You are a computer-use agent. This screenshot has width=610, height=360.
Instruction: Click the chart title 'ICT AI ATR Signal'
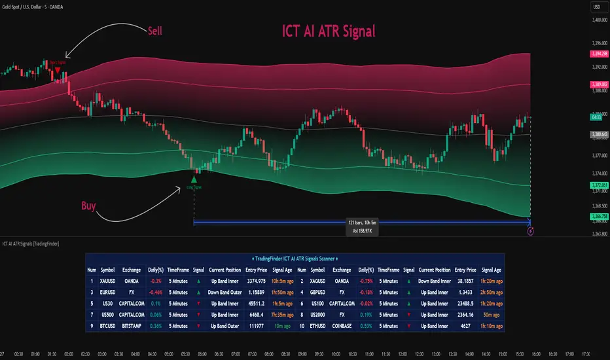pos(329,31)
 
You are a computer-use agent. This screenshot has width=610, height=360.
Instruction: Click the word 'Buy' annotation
pos(88,206)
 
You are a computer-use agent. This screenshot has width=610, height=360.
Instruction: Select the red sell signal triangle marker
pos(58,70)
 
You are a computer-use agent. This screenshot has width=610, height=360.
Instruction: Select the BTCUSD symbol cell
pos(108,325)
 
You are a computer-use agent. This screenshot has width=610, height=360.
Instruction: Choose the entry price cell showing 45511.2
pos(257,303)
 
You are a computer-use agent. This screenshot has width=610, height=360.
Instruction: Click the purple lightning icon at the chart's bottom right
pos(530,230)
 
